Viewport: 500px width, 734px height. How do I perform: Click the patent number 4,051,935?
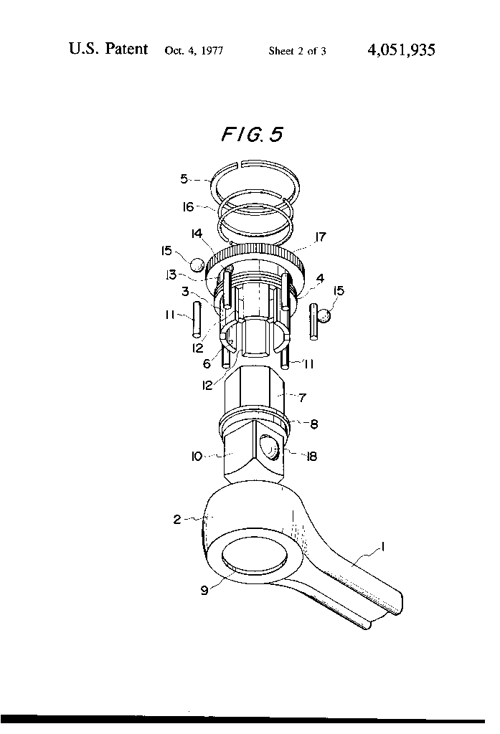tap(400, 50)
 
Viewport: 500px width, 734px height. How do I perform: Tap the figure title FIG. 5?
tap(252, 135)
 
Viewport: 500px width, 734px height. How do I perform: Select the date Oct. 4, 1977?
tap(194, 51)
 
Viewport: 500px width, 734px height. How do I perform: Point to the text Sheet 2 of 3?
tap(298, 51)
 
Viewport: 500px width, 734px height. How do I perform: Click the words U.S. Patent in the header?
tap(108, 49)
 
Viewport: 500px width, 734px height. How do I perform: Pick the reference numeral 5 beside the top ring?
tap(184, 179)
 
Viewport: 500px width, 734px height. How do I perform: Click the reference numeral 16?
tap(188, 207)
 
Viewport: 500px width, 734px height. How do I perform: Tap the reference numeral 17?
tap(321, 237)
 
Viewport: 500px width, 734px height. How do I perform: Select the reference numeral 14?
tap(197, 234)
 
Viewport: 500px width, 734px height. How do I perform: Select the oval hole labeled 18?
tap(270, 449)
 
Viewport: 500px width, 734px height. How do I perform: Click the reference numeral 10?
tap(197, 454)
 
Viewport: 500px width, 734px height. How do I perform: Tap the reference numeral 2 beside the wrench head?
tap(176, 520)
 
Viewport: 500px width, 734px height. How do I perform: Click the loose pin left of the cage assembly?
tap(194, 320)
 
